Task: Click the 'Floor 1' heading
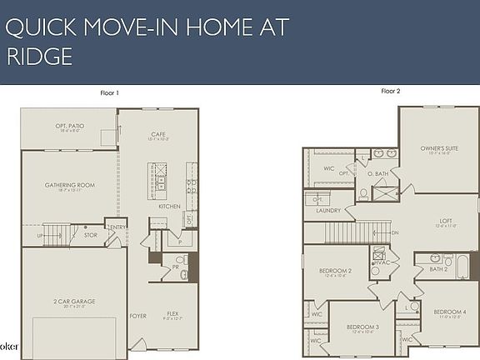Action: pos(109,92)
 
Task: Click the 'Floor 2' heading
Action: pos(391,90)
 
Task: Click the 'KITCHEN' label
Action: pos(170,206)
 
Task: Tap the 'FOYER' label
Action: pos(138,316)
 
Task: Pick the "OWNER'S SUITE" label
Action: pos(438,148)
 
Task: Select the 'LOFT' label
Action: pos(446,221)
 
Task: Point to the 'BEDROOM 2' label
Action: pos(335,271)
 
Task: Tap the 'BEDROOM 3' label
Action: pos(363,327)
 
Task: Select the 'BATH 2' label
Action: pos(439,269)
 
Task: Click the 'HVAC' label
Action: pos(382,262)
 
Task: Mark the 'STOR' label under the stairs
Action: pos(90,235)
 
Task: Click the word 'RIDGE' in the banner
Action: pos(39,56)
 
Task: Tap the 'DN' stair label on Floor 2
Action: pos(394,232)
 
